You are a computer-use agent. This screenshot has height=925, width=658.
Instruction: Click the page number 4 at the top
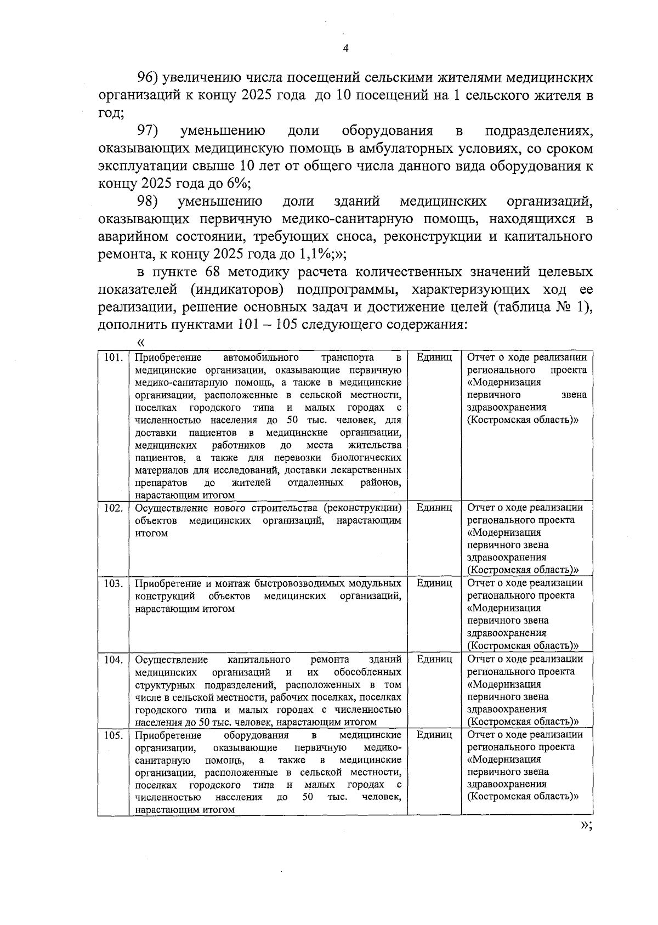tap(345, 49)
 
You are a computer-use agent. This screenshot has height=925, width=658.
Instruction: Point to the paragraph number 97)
tap(148, 131)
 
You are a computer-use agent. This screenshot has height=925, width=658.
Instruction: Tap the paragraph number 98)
tap(148, 201)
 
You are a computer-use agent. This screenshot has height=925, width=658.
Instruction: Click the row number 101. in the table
tap(113, 357)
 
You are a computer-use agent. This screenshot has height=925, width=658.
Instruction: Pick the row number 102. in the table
tap(113, 508)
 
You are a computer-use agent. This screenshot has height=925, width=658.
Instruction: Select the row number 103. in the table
tap(113, 583)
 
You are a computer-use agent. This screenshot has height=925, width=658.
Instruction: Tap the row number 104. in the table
tap(113, 659)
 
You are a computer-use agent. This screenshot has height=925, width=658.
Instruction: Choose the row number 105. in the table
tap(113, 735)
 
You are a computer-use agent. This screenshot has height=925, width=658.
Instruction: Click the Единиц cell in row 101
tap(434, 357)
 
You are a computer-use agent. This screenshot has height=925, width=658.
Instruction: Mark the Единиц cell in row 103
tap(434, 583)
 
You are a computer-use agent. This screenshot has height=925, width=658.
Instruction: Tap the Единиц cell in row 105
tap(434, 735)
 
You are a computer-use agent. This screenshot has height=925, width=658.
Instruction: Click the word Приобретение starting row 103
tap(168, 583)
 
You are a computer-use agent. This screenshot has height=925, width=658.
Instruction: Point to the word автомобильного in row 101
tap(260, 357)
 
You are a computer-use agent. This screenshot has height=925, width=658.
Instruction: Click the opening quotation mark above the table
tap(140, 342)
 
